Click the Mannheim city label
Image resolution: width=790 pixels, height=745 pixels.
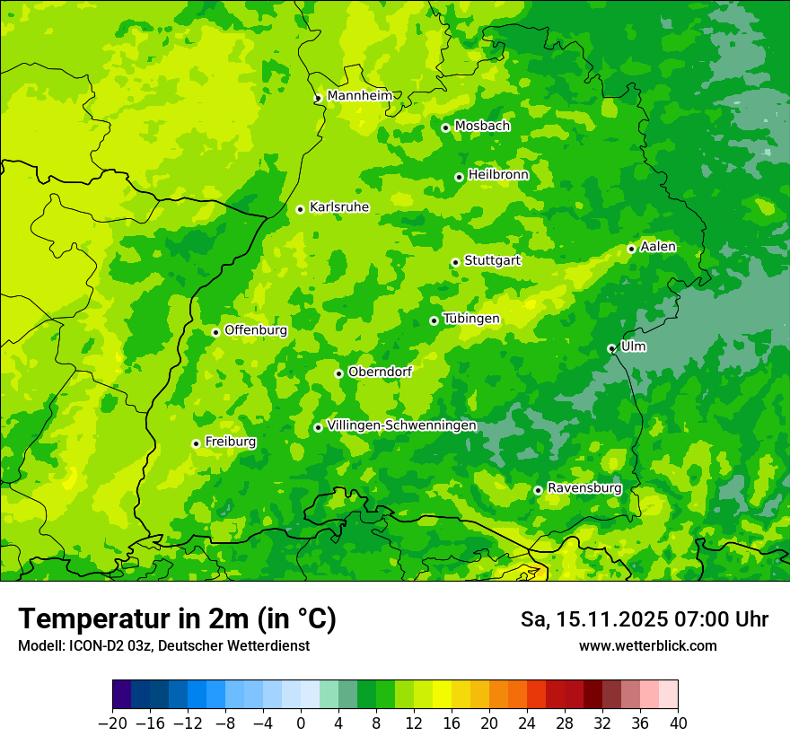click(x=359, y=96)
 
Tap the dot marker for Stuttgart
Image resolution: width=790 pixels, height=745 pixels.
click(x=455, y=262)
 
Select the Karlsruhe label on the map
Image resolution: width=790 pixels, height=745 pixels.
click(x=338, y=207)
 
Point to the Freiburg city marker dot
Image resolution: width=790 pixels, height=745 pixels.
click(x=196, y=443)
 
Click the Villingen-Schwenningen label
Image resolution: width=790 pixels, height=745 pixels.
click(x=401, y=425)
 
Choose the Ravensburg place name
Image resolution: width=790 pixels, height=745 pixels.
click(x=584, y=488)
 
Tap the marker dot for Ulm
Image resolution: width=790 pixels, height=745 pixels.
click(x=611, y=348)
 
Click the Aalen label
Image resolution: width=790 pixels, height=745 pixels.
click(x=658, y=247)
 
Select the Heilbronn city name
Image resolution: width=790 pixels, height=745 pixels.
click(x=498, y=175)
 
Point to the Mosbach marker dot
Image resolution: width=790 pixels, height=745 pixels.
click(x=445, y=127)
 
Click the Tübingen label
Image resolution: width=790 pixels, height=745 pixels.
click(x=471, y=319)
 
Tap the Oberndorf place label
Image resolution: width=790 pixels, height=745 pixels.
click(x=380, y=372)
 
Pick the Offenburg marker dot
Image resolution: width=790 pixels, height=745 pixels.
click(x=215, y=332)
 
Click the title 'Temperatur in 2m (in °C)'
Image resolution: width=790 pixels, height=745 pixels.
click(x=177, y=619)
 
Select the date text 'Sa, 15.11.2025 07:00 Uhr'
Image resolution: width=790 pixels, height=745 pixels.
click(x=644, y=619)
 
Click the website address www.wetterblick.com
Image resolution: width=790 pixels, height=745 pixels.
click(x=647, y=646)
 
